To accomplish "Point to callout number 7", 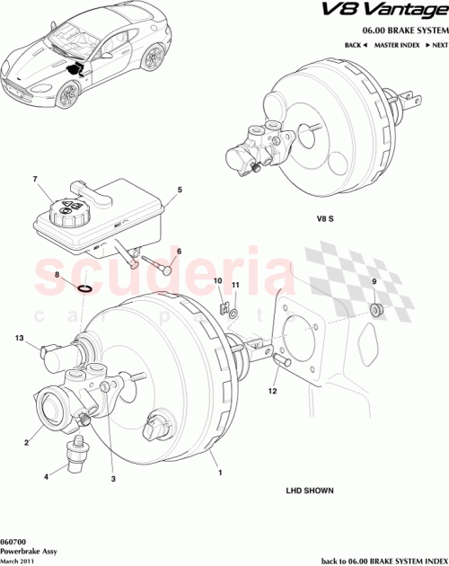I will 35,179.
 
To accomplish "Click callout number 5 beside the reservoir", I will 180,190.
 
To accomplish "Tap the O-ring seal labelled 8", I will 84,289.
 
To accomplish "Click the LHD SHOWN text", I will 310,491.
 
